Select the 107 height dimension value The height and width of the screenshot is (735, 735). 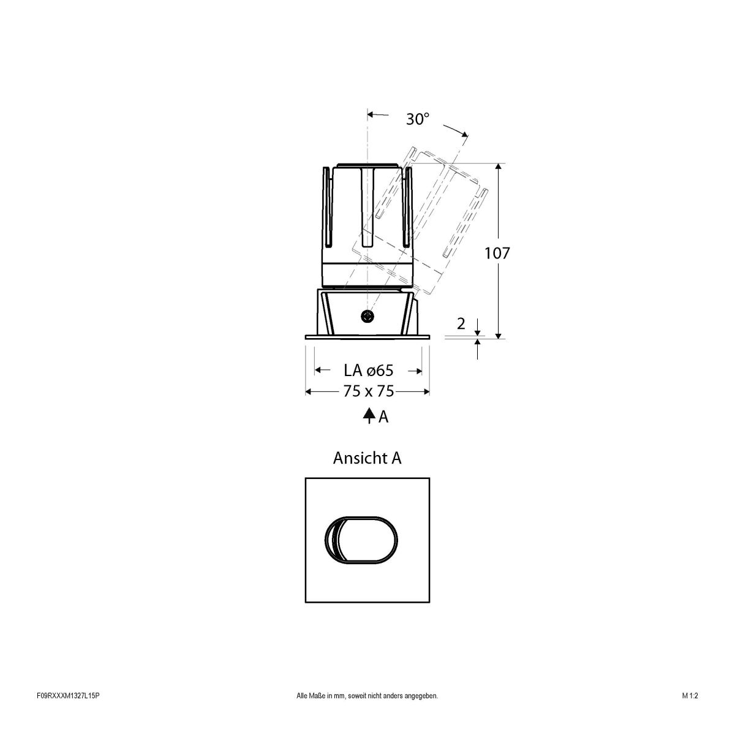pyautogui.click(x=497, y=253)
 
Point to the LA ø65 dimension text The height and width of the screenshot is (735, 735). pyautogui.click(x=367, y=371)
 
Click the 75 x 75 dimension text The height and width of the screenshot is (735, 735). pyautogui.click(x=368, y=391)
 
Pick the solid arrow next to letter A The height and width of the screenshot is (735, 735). pyautogui.click(x=369, y=417)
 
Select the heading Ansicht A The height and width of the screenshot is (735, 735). pyautogui.click(x=367, y=458)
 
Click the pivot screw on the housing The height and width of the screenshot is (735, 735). pyautogui.click(x=367, y=316)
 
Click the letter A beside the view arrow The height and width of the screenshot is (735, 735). pyautogui.click(x=383, y=417)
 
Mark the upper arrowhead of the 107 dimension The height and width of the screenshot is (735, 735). pyautogui.click(x=499, y=167)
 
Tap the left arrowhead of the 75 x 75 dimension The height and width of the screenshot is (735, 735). pyautogui.click(x=309, y=391)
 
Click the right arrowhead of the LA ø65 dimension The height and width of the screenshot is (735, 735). pyautogui.click(x=418, y=371)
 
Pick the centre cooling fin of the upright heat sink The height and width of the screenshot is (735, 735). pyautogui.click(x=367, y=205)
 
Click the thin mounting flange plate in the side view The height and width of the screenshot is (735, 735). pyautogui.click(x=367, y=336)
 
